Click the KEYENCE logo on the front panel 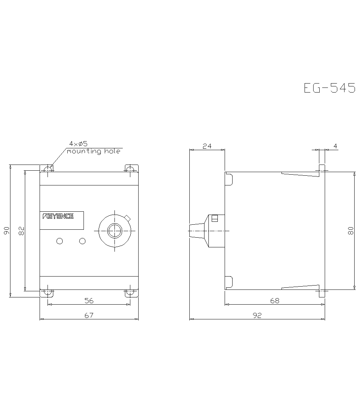click(x=58, y=216)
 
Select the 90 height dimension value click(x=6, y=231)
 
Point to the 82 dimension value click(x=21, y=231)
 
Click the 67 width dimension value click(x=89, y=315)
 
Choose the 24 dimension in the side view click(x=207, y=146)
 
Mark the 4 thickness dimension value click(x=335, y=146)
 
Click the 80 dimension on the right click(x=351, y=231)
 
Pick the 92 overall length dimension click(x=257, y=315)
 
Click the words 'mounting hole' click(x=94, y=152)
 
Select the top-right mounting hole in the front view click(x=130, y=169)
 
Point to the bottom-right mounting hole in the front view click(x=130, y=293)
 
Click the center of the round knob click(x=114, y=230)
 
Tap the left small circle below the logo click(x=60, y=241)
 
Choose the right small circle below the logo click(x=82, y=241)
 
